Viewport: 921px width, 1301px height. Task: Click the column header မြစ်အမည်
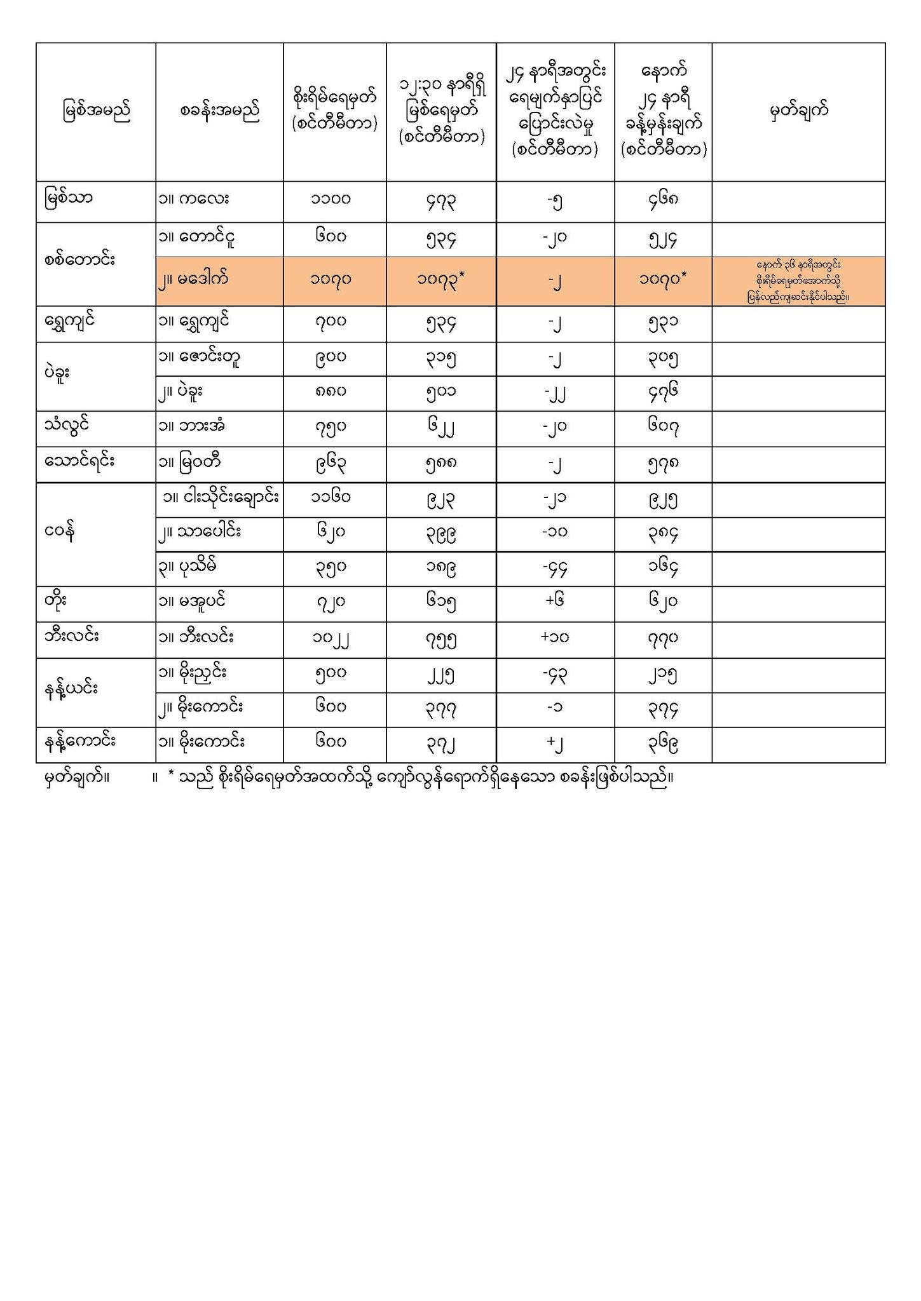96,112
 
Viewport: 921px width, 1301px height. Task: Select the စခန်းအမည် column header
219,112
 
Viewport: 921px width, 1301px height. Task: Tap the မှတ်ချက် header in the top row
798,112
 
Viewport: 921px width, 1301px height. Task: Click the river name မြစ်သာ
69,199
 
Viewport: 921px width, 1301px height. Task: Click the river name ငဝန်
61,532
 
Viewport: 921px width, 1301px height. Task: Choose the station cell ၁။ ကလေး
194,199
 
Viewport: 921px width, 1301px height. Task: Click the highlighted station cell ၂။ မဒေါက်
194,278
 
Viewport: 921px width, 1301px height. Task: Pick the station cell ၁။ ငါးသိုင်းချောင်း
220,498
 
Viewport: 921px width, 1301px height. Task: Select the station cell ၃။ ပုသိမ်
191,566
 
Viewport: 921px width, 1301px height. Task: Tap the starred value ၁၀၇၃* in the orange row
441,279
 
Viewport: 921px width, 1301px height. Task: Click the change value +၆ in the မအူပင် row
555,601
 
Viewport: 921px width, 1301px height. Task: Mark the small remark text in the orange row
798,281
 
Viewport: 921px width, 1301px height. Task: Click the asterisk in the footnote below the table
171,776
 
